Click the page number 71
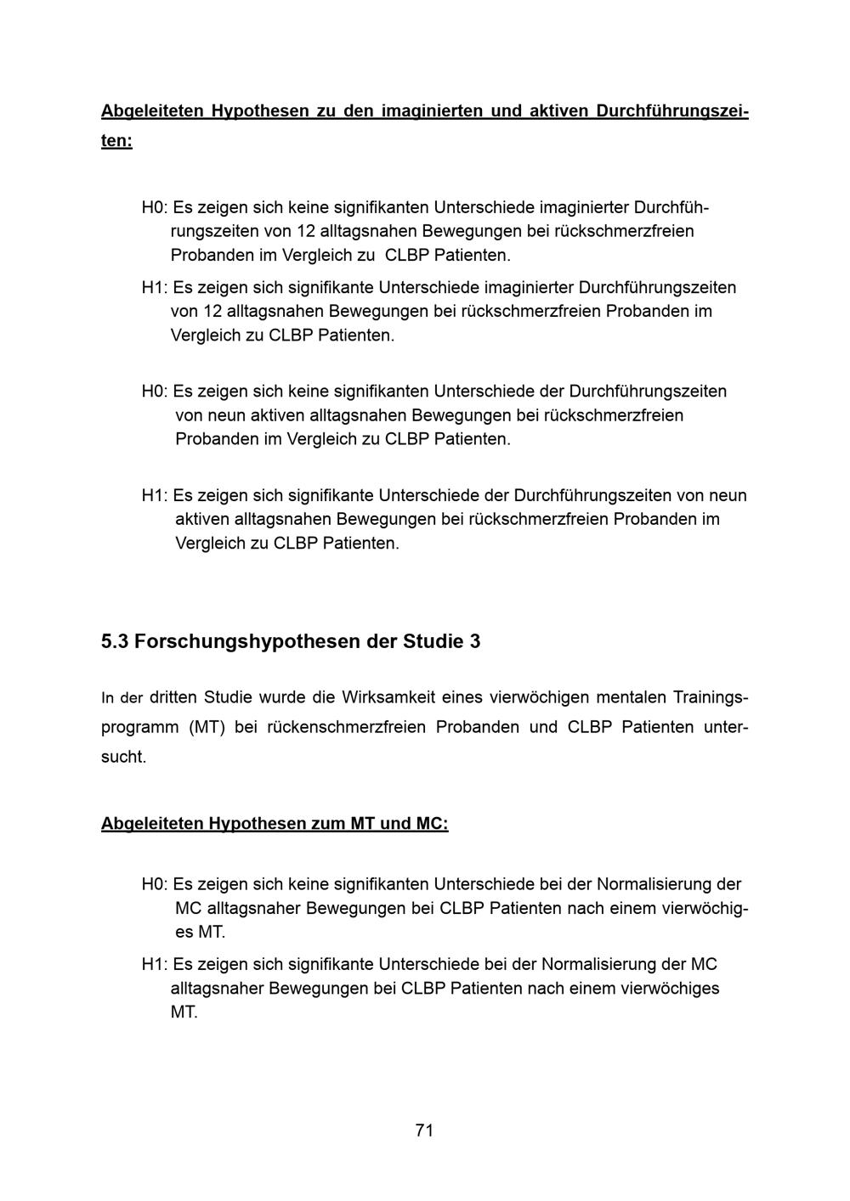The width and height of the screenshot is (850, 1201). coord(424,1130)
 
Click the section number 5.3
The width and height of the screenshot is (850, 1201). coord(115,641)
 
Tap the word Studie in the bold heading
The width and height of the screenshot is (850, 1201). coord(431,641)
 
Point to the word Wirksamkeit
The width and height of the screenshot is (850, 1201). coord(388,697)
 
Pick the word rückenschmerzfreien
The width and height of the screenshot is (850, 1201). coord(346,727)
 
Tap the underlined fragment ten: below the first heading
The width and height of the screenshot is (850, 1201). coord(116,140)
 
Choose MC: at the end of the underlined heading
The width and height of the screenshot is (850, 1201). coord(431,823)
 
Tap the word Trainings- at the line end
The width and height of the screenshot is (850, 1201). coord(711,697)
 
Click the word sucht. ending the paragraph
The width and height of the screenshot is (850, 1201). coord(123,757)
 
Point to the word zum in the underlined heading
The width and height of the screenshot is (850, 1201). coord(327,823)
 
